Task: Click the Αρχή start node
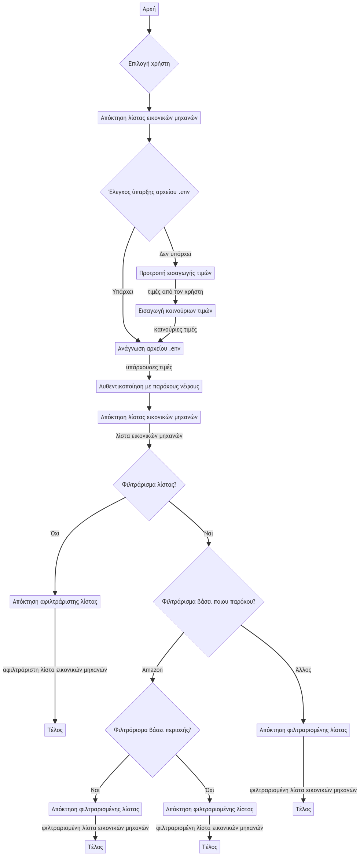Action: pyautogui.click(x=149, y=9)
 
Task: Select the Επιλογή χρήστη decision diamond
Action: pyautogui.click(x=149, y=63)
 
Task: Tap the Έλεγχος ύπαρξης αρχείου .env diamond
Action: pyautogui.click(x=149, y=192)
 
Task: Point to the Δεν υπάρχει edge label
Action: pyautogui.click(x=175, y=254)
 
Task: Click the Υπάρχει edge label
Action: pyautogui.click(x=123, y=292)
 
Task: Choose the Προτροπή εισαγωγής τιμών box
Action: pyautogui.click(x=175, y=273)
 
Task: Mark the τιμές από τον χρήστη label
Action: pyautogui.click(x=175, y=292)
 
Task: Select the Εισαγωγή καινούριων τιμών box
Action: pyautogui.click(x=175, y=311)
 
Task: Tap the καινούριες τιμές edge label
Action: pyautogui.click(x=175, y=329)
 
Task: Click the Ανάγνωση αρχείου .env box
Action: pyautogui.click(x=149, y=348)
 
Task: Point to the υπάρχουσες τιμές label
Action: pyautogui.click(x=149, y=367)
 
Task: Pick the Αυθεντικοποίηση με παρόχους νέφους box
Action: pyautogui.click(x=149, y=386)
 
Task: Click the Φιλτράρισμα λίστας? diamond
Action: pyautogui.click(x=149, y=484)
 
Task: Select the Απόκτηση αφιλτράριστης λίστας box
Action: pyautogui.click(x=55, y=601)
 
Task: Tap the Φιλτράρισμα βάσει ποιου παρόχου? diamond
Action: pyautogui.click(x=209, y=601)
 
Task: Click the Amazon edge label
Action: pyautogui.click(x=153, y=670)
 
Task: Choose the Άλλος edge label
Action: pyautogui.click(x=303, y=670)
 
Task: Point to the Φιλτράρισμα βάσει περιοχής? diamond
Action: pyautogui.click(x=153, y=730)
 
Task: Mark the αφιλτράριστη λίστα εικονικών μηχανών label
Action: pyautogui.click(x=55, y=670)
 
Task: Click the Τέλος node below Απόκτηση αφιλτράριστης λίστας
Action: pyautogui.click(x=55, y=730)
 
